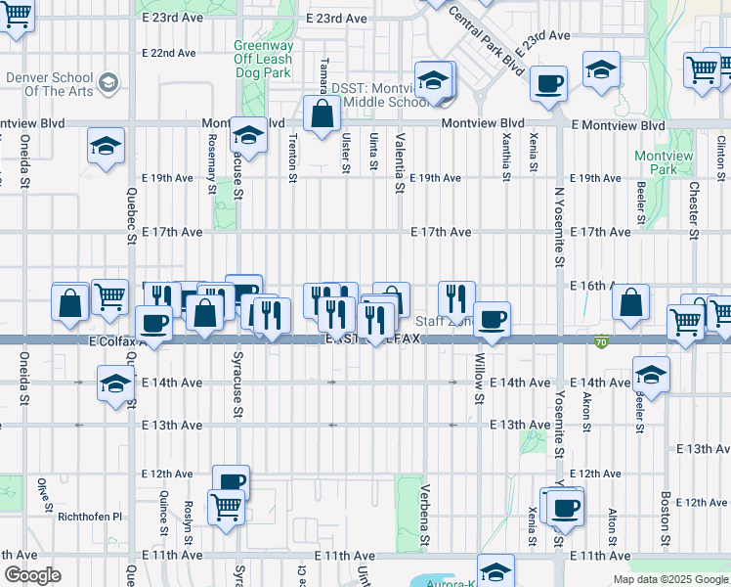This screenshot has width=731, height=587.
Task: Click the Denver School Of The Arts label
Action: point(50,84)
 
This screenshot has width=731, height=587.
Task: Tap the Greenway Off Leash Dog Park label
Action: point(263,58)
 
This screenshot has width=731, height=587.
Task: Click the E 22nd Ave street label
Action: point(170,53)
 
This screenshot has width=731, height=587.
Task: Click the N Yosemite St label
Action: point(559,228)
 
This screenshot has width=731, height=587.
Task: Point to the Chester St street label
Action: point(693,209)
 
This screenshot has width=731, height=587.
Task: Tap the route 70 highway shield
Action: point(603,340)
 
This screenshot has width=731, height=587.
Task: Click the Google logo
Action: point(33,575)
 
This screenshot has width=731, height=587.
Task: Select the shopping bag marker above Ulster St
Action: point(322,113)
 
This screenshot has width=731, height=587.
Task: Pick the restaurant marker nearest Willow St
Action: point(456,297)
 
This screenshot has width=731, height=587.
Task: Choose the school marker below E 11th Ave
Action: point(495,571)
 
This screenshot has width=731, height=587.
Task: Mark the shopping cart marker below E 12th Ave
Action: point(227,508)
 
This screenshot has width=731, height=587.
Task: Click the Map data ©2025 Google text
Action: point(670,579)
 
